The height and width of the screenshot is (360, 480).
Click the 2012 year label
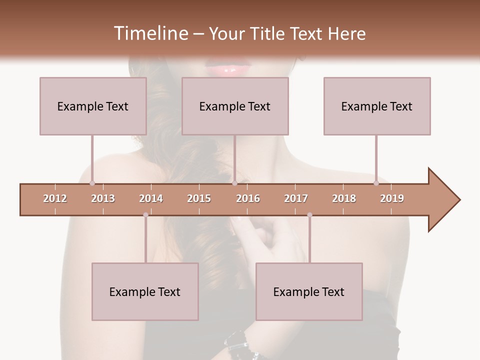pos(55,198)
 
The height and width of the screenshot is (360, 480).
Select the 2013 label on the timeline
pos(103,198)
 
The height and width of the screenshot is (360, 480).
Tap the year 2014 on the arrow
pos(151,198)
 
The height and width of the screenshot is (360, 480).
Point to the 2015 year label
pos(199,198)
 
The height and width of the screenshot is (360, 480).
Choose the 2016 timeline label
pos(248,198)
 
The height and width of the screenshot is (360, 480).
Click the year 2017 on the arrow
pos(296,198)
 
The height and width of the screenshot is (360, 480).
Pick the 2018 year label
pos(344,198)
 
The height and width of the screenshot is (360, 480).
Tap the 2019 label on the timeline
pos(392,198)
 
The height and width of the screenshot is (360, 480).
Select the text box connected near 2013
pos(93,106)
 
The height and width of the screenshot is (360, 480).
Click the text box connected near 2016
pos(235,106)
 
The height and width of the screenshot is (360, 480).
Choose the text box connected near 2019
pos(377,106)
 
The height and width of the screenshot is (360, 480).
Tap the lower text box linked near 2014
pos(145,291)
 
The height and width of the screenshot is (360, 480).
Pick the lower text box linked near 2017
pos(309,291)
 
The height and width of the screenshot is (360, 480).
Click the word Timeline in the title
pos(150,33)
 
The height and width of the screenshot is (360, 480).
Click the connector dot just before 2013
pos(92,182)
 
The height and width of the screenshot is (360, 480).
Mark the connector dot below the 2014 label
pos(145,215)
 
